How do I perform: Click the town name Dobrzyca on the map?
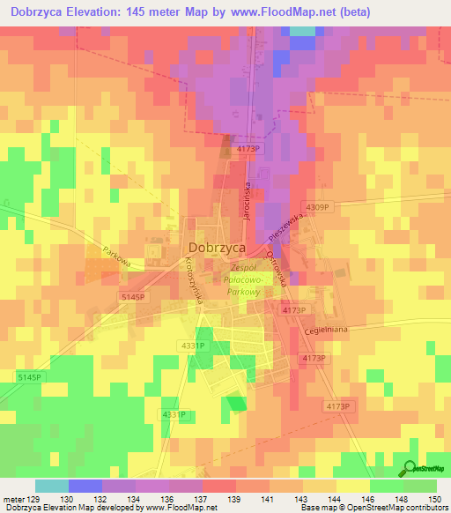(215, 249)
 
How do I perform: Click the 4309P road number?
(315, 207)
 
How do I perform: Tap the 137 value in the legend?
(184, 498)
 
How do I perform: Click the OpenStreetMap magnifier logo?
(410, 467)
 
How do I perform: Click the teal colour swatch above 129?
(51, 486)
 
